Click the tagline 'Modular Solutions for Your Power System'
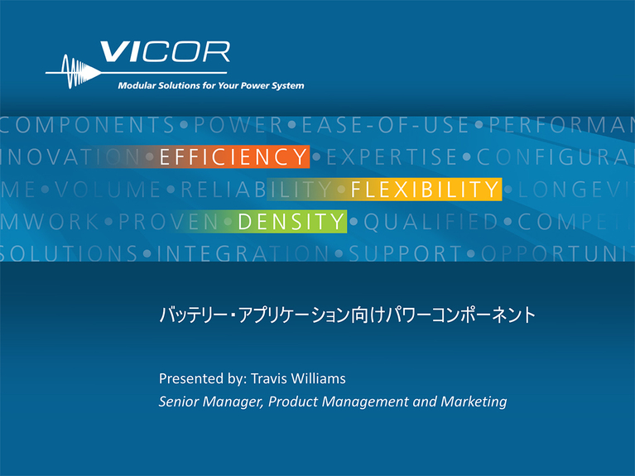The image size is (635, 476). [x=211, y=85]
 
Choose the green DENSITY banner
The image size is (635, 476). [x=290, y=221]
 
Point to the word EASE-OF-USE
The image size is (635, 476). [x=385, y=126]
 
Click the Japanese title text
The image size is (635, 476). [x=348, y=315]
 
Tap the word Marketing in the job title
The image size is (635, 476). [x=474, y=402]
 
